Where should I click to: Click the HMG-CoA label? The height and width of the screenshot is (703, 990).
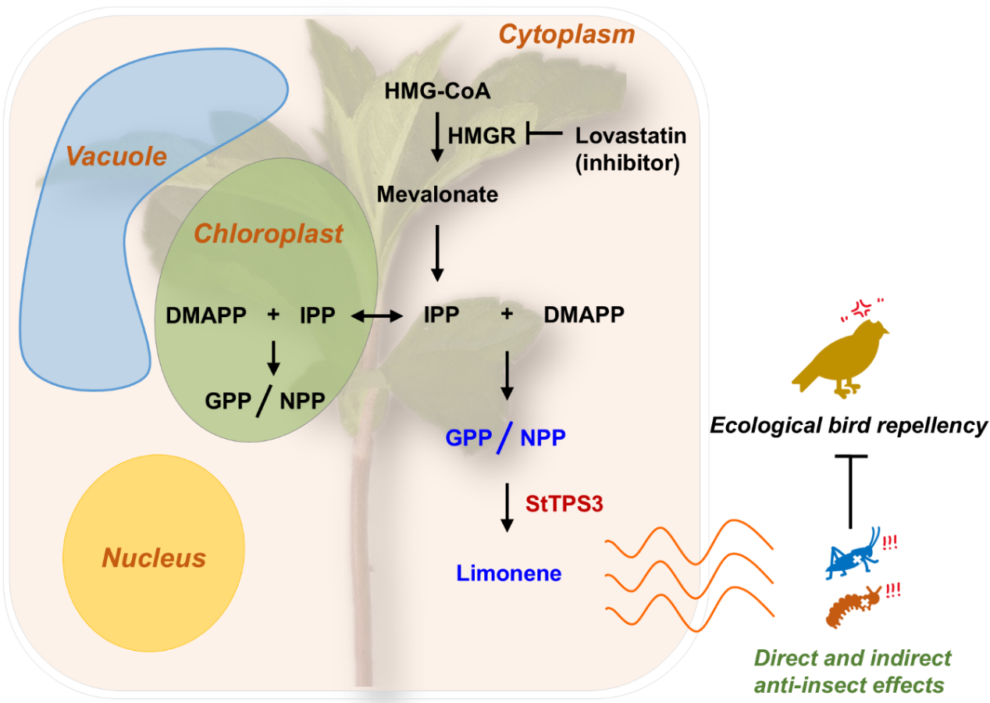tap(437, 92)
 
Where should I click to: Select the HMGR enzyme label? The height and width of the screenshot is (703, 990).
tap(482, 136)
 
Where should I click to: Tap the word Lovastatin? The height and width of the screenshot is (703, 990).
tap(630, 135)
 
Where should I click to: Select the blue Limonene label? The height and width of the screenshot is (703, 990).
tap(509, 573)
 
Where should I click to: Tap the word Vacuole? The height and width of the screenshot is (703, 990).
tap(116, 156)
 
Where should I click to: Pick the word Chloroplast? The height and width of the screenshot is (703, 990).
tap(269, 234)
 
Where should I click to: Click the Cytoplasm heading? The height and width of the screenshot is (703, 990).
tap(567, 34)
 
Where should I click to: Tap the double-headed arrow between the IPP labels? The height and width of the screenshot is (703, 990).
tap(376, 316)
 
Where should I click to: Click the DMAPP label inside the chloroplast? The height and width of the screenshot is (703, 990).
tap(206, 316)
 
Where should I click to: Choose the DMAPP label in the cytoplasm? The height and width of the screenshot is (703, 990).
tap(583, 316)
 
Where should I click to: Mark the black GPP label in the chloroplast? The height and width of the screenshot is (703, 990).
tap(228, 401)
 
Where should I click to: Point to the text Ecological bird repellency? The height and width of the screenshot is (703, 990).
tap(849, 426)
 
